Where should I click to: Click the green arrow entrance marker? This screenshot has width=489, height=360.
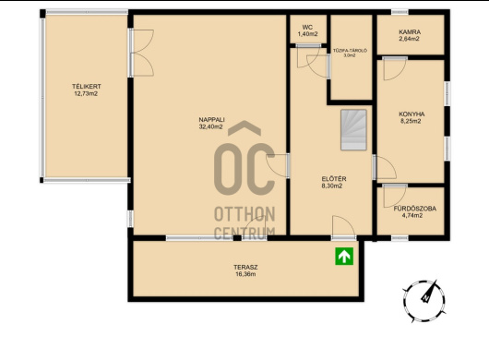coord(344,256)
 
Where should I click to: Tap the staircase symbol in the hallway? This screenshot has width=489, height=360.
coord(353,130)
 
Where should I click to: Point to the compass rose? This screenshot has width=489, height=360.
coord(424,301)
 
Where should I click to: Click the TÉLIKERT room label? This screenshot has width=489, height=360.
coord(87,87)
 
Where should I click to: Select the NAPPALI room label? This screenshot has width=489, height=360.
coord(212,119)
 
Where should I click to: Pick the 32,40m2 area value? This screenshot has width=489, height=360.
coord(210,126)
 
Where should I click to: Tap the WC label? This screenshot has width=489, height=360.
coord(307,28)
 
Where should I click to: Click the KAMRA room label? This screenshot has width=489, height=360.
coord(410,31)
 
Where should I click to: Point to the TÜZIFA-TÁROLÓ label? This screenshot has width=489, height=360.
coord(350,51)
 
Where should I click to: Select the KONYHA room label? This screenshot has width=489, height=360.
coord(411,114)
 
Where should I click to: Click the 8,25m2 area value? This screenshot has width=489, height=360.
coord(411,121)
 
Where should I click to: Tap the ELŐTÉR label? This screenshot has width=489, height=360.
coord(334,179)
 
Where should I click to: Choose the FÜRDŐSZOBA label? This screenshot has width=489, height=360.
coord(415,209)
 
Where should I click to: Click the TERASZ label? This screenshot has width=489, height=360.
coord(245,268)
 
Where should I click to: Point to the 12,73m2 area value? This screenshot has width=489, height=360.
coord(86,93)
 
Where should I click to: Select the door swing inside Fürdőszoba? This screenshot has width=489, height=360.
coord(395,196)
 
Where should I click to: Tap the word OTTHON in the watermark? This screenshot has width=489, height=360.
coord(244,214)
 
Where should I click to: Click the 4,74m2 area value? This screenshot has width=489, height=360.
coord(412,216)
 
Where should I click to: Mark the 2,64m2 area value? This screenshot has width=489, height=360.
coord(409,39)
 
